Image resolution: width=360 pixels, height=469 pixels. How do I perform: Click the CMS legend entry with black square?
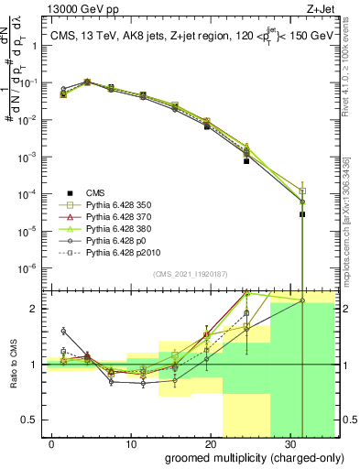click(x=94, y=192)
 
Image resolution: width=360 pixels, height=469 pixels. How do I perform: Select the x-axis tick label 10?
click(x=131, y=442)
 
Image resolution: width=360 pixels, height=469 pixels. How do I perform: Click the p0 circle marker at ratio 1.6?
click(x=63, y=331)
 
